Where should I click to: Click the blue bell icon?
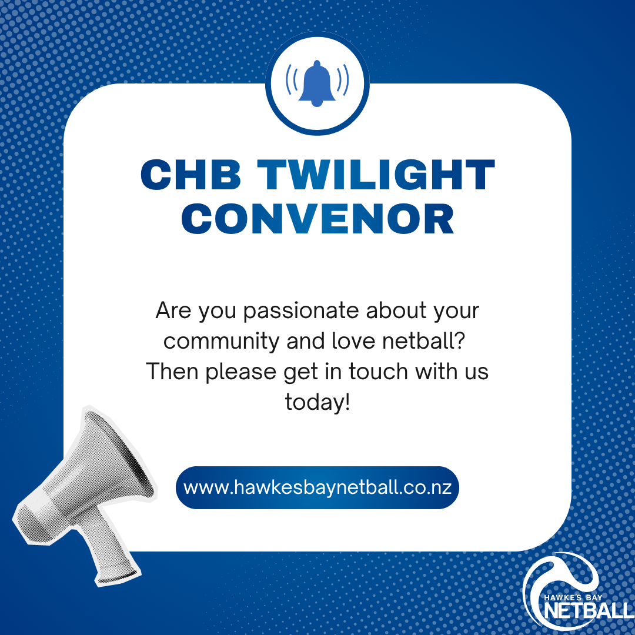(317, 83)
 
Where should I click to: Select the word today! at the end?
(317, 403)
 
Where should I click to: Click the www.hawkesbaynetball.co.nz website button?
(317, 487)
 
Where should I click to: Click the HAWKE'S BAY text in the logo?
(573, 597)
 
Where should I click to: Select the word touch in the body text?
(378, 372)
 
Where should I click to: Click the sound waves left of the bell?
(292, 79)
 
